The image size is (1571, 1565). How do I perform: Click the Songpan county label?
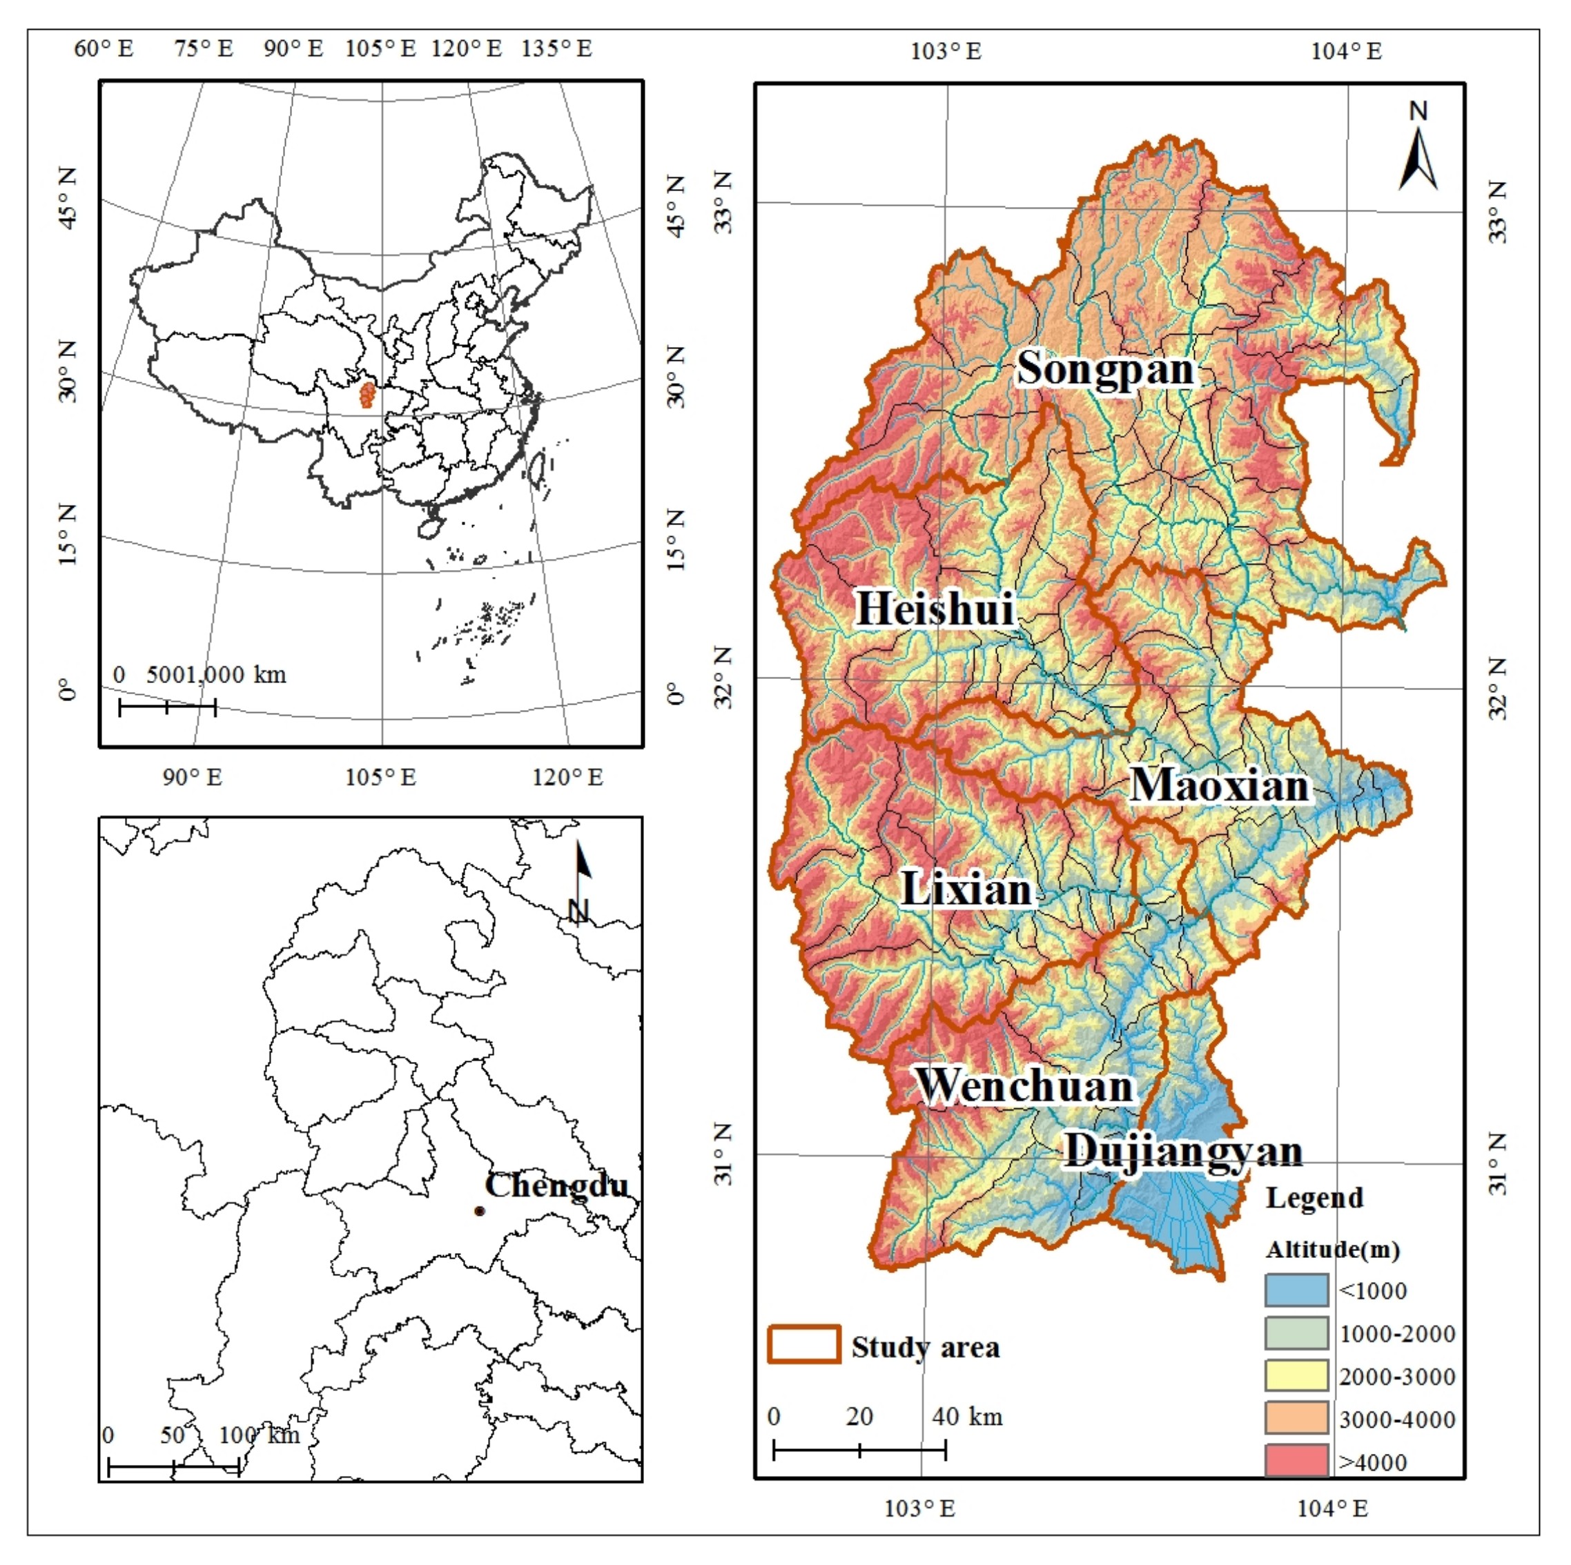click(1106, 370)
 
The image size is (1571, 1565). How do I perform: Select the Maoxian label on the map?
click(1220, 786)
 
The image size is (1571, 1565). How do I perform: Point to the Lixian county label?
click(967, 889)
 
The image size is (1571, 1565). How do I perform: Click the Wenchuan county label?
click(1024, 1086)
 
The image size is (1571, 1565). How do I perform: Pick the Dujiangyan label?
click(1183, 1152)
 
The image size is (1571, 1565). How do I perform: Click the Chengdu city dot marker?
click(480, 1211)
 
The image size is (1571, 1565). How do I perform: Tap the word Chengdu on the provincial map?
click(557, 1185)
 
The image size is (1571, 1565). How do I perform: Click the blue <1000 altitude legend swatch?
click(1296, 1290)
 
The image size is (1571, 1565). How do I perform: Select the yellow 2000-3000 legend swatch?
click(1296, 1377)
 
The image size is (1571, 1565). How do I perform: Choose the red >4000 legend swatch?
click(1296, 1461)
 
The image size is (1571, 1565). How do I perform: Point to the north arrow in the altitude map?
click(1418, 159)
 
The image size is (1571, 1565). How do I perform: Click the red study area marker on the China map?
click(367, 395)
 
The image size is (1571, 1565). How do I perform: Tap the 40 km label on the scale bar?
click(967, 1417)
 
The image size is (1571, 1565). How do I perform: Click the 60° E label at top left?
click(104, 49)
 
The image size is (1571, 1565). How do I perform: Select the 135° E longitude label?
click(556, 49)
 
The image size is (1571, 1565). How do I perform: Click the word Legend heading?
click(1314, 1199)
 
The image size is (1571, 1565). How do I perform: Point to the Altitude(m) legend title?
click(1332, 1250)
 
